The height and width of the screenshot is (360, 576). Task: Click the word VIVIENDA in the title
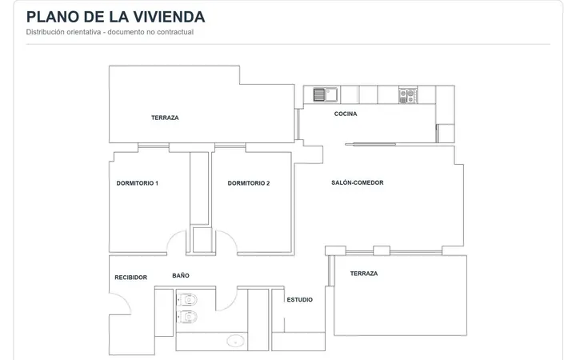pyautogui.click(x=169, y=17)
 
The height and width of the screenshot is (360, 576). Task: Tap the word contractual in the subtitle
pyautogui.click(x=175, y=32)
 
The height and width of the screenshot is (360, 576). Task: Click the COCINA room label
pyautogui.click(x=346, y=114)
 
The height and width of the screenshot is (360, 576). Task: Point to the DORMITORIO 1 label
pyautogui.click(x=138, y=183)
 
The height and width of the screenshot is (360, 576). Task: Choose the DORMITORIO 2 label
pyautogui.click(x=249, y=183)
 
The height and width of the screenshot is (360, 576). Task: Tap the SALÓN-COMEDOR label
pyautogui.click(x=358, y=182)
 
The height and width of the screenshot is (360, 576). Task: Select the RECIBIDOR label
pyautogui.click(x=130, y=278)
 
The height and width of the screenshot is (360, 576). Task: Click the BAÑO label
pyautogui.click(x=181, y=275)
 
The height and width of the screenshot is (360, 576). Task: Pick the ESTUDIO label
pyautogui.click(x=300, y=300)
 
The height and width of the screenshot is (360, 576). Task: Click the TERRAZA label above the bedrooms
pyautogui.click(x=165, y=118)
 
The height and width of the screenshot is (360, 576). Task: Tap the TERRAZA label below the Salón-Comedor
pyautogui.click(x=364, y=274)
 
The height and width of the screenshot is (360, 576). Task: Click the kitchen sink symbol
pyautogui.click(x=325, y=94)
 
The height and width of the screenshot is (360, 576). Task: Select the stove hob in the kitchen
pyautogui.click(x=408, y=95)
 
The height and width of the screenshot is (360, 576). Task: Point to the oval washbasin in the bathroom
pyautogui.click(x=235, y=341)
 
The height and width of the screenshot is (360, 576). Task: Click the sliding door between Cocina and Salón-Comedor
pyautogui.click(x=371, y=144)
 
